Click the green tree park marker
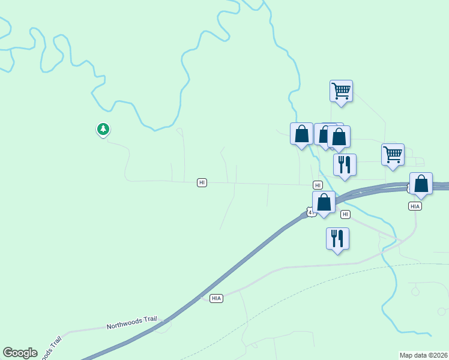(103, 129)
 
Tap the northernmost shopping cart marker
(341, 91)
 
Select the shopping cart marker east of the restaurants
(393, 154)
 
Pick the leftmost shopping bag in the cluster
(301, 134)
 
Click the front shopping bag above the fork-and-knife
(339, 137)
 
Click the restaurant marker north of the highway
(345, 165)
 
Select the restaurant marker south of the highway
(337, 238)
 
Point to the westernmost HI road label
(202, 182)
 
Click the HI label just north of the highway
(318, 185)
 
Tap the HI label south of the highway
(345, 214)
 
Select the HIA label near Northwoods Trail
(217, 298)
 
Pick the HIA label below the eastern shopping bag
(415, 206)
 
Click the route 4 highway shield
(310, 212)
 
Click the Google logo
(20, 353)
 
